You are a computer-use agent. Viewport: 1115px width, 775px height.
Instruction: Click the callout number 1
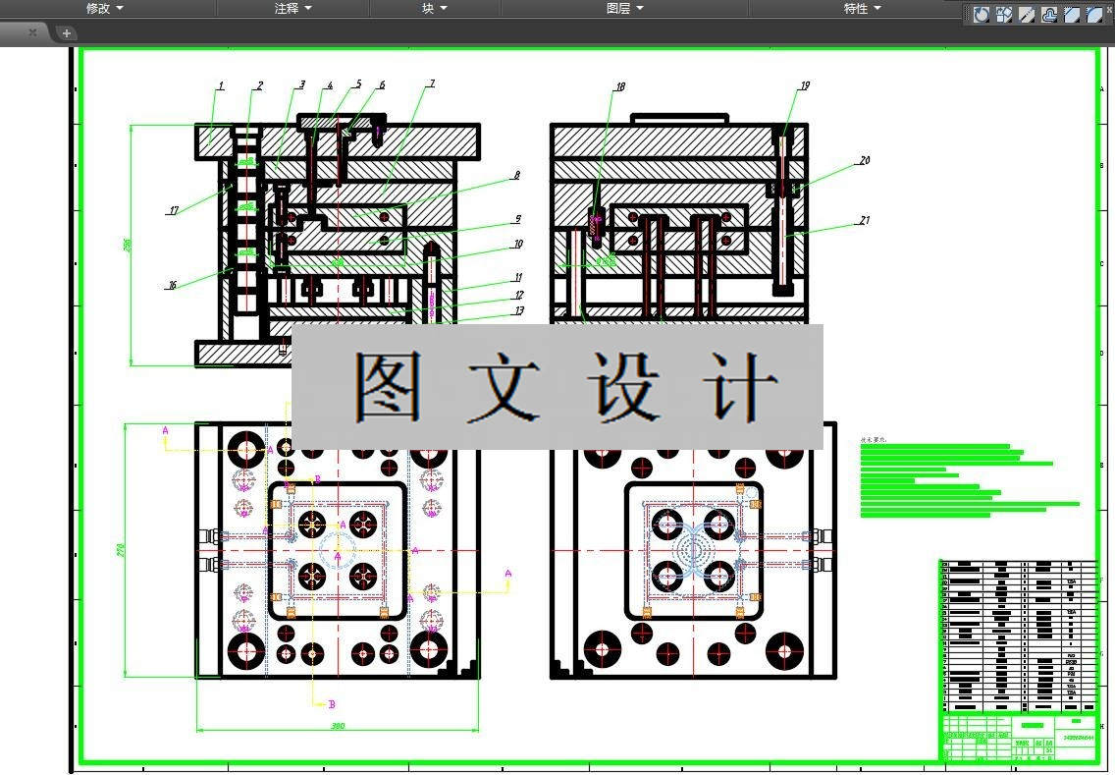[x=221, y=86]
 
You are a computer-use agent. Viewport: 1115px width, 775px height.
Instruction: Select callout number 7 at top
[x=430, y=85]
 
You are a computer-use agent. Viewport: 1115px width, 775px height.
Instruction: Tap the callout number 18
[x=619, y=87]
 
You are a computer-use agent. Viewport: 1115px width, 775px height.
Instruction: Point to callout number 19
[x=805, y=86]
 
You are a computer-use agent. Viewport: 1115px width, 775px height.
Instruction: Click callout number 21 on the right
[x=865, y=221]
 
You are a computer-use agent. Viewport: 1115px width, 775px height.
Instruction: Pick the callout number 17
[x=173, y=210]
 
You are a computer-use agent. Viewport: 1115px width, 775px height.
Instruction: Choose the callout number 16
[x=172, y=286]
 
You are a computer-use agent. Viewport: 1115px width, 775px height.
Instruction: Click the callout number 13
[x=518, y=311]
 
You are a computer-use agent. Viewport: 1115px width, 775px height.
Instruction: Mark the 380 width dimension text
[x=337, y=726]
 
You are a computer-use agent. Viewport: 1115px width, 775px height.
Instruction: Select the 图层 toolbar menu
[x=624, y=8]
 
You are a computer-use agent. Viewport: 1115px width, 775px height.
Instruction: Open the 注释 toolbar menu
[x=292, y=8]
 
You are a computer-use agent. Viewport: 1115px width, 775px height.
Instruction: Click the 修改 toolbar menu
[x=104, y=8]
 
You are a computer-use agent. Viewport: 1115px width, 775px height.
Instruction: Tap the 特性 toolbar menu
[x=862, y=8]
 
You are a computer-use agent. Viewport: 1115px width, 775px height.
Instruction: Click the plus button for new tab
[x=67, y=32]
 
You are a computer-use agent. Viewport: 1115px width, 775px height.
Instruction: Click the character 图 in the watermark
[x=387, y=386]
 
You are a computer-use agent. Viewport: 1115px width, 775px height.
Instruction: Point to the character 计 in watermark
[x=744, y=386]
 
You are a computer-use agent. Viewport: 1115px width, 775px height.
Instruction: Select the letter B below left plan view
[x=332, y=704]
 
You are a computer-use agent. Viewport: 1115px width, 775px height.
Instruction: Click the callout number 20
[x=865, y=160]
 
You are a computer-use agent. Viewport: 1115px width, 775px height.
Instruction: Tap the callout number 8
[x=515, y=176]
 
